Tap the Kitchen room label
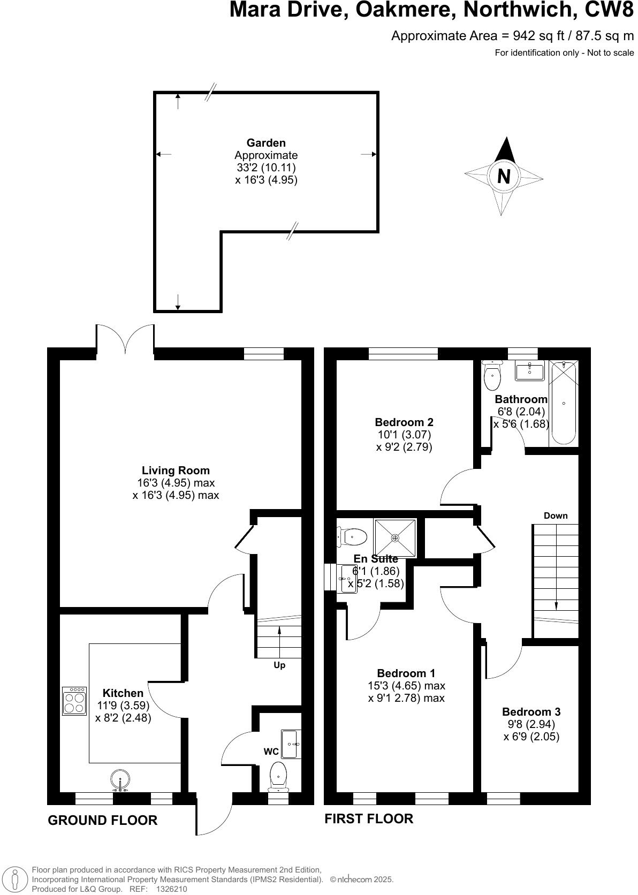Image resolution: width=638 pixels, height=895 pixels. point(123,693)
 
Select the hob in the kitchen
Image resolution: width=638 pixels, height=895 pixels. point(74,701)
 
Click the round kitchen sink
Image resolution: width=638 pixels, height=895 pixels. point(120,779)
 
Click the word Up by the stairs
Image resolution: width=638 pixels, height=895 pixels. point(279,665)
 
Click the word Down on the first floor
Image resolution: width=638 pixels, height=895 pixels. point(556,516)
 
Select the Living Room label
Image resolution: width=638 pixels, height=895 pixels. point(176,471)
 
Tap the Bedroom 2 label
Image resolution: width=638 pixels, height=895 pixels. point(404,422)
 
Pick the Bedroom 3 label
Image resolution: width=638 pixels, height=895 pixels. point(531,712)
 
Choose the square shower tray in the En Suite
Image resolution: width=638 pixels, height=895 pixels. point(396,537)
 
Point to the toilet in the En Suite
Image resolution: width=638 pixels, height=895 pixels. point(353,535)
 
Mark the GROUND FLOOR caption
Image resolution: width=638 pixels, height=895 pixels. point(103,820)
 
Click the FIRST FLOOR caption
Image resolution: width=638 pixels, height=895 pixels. point(369,818)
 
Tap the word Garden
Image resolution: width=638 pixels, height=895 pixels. point(266,143)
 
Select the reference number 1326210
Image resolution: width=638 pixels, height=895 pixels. point(171,889)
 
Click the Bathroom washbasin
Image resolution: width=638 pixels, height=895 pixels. point(529,370)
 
